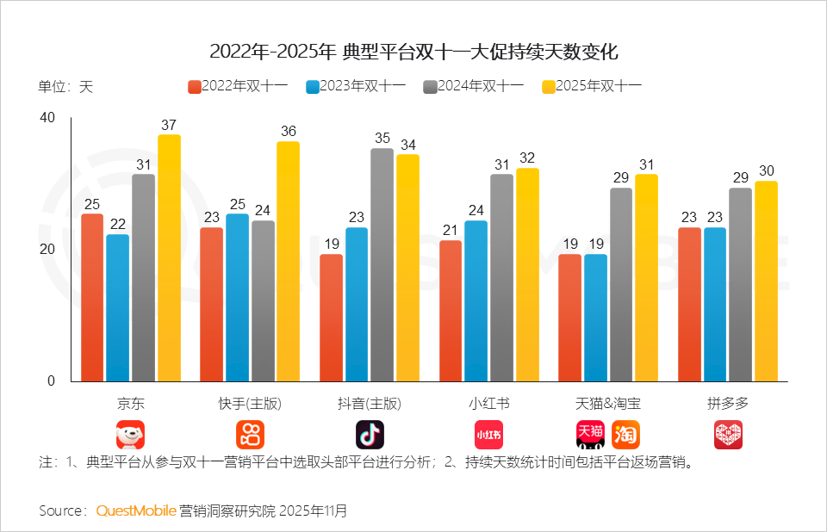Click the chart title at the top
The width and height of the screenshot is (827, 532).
pos(413,52)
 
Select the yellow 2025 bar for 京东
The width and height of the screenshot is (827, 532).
pos(169,258)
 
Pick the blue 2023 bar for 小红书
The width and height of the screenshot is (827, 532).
pos(476,301)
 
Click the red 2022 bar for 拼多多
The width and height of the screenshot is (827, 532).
pos(690,305)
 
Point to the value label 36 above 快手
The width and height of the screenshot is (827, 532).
pos(289,131)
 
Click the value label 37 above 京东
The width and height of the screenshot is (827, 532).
pos(169,124)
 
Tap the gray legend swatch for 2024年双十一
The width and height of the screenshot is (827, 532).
pos(430,86)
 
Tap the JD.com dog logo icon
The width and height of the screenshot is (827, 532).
pos(131,435)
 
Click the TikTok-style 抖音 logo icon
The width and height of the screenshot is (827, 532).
pos(370,435)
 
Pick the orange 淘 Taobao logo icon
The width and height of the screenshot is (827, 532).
pos(626,435)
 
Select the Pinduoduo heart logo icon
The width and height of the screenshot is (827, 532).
pos(728,435)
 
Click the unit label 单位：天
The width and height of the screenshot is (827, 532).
pos(65,87)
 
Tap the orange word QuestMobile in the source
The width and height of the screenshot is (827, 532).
pos(136,510)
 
